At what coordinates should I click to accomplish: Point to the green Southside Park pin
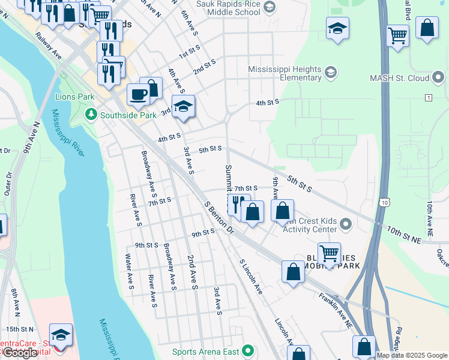click(x=91, y=113)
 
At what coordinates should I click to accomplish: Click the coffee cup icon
click(x=138, y=95)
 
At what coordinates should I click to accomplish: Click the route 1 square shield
click(x=428, y=97)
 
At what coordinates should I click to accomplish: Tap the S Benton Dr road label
click(x=218, y=217)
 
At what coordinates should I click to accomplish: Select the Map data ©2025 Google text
click(x=412, y=355)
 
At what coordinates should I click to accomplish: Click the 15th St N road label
click(x=20, y=329)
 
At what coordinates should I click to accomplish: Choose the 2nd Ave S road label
click(x=191, y=272)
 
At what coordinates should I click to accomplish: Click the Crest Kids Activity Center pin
click(x=345, y=225)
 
